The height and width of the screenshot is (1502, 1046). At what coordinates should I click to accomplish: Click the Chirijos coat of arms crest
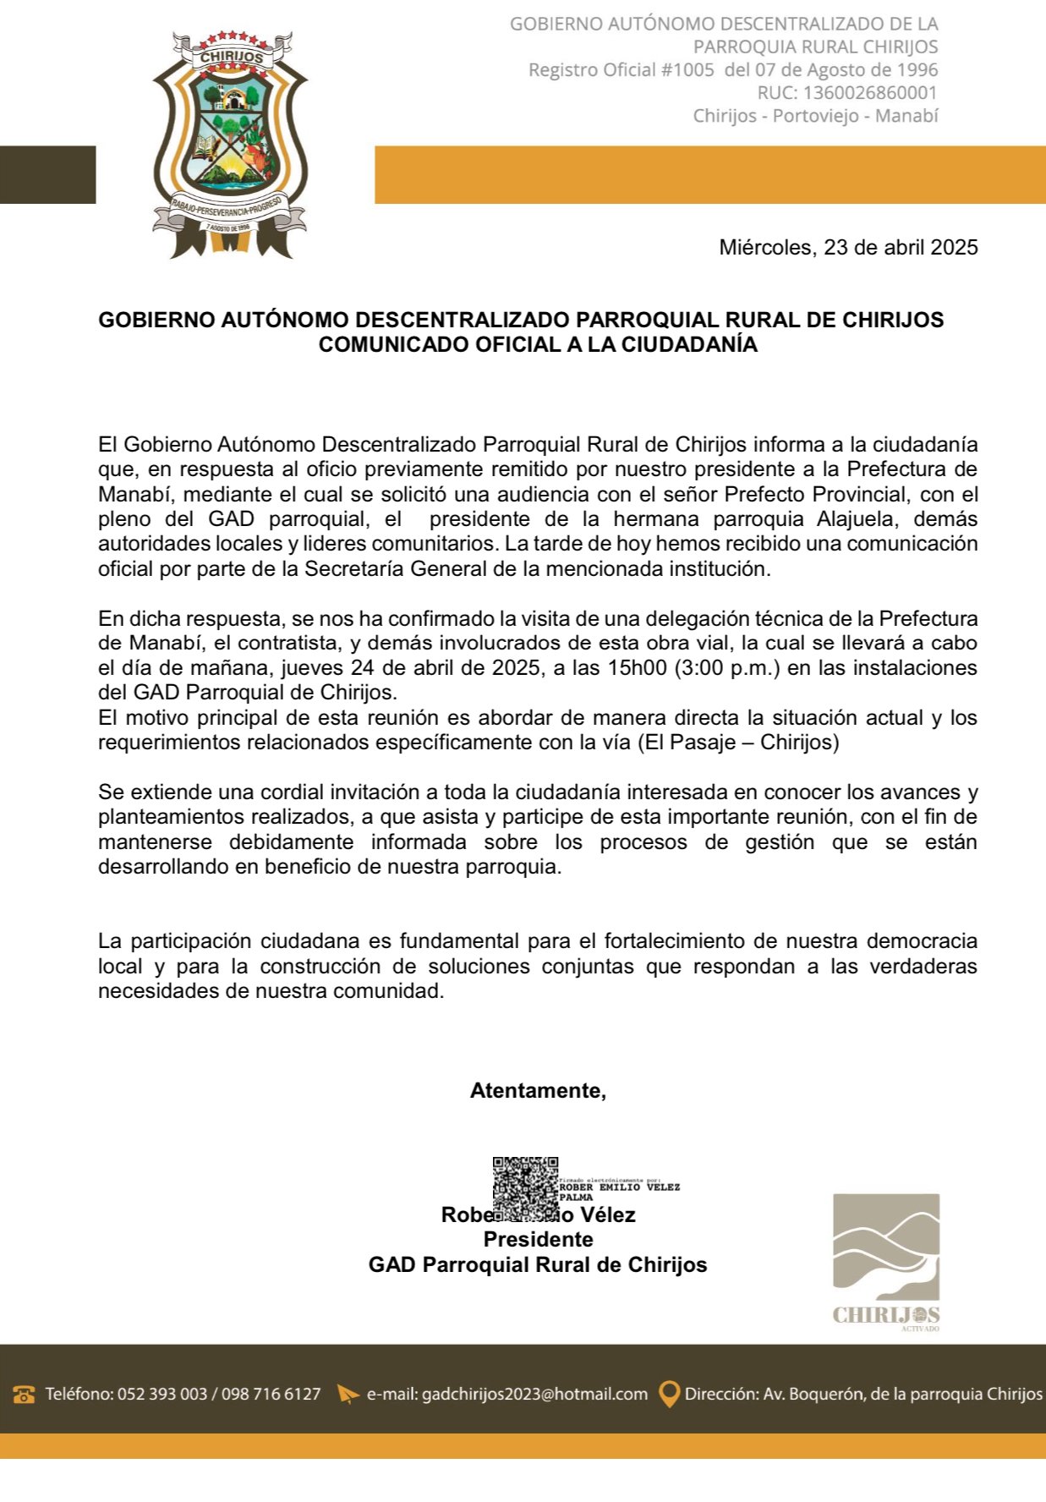coord(230,144)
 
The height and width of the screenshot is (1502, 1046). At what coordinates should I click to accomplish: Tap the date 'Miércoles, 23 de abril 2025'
coord(848,248)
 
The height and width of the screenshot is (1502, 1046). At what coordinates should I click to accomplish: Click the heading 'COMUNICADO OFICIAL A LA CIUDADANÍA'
coord(538,345)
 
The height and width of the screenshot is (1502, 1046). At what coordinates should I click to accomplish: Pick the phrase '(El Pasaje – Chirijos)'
coord(738,743)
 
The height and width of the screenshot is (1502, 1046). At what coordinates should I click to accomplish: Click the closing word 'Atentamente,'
coord(538,1091)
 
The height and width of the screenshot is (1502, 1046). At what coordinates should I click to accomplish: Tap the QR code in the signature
coord(525,1189)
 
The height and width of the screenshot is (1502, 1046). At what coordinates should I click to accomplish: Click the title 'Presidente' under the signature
coord(538,1240)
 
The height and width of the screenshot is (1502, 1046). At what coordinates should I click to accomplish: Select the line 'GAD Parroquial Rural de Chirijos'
coord(538,1265)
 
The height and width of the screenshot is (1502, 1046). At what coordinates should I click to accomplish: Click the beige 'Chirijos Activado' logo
coord(886,1260)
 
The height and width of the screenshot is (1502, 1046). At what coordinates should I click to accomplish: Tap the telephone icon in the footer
coord(24,1395)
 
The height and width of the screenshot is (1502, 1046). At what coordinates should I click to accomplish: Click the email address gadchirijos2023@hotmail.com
coord(534,1395)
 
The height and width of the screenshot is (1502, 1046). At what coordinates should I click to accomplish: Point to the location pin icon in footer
coord(669,1395)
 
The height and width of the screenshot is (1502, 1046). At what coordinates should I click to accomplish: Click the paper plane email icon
coord(348,1395)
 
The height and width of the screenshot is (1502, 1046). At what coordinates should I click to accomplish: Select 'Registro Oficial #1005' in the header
coord(622,70)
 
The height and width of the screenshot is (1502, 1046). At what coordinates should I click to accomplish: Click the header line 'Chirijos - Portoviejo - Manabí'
coord(815,116)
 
